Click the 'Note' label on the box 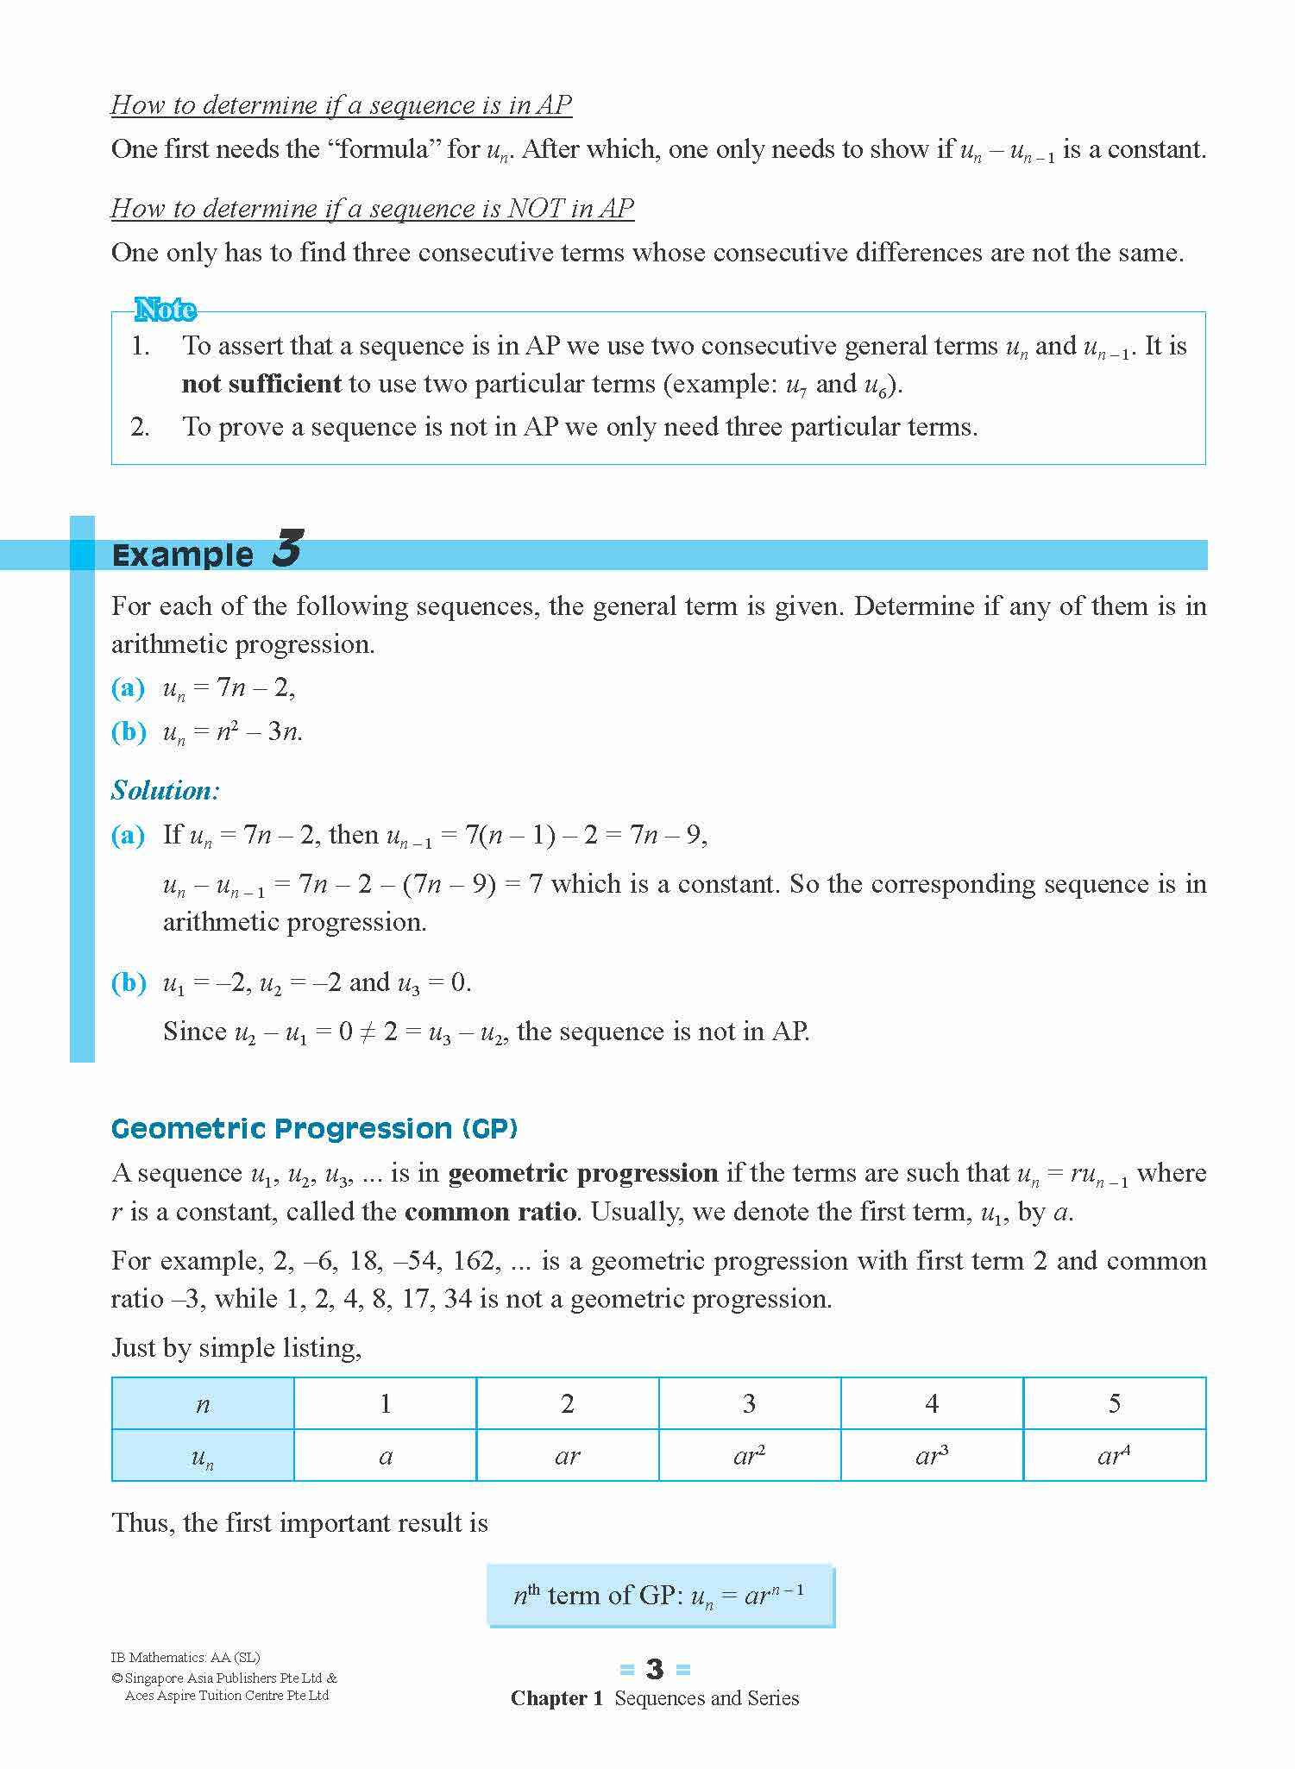pyautogui.click(x=165, y=310)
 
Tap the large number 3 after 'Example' pyautogui.click(x=286, y=549)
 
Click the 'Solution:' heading pyautogui.click(x=166, y=790)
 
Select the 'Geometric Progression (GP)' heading pyautogui.click(x=314, y=1128)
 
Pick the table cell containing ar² pyautogui.click(x=749, y=1455)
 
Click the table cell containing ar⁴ pyautogui.click(x=1114, y=1455)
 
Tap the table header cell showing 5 pyautogui.click(x=1114, y=1403)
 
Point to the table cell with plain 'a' pyautogui.click(x=386, y=1456)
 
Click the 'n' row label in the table pyautogui.click(x=203, y=1404)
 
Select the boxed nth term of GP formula pyautogui.click(x=660, y=1596)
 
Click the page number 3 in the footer pyautogui.click(x=655, y=1670)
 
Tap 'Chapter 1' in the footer pyautogui.click(x=556, y=1698)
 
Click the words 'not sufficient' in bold pyautogui.click(x=261, y=384)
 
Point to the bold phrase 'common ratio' pyautogui.click(x=490, y=1212)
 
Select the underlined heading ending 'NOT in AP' pyautogui.click(x=372, y=208)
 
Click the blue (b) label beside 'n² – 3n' pyautogui.click(x=129, y=731)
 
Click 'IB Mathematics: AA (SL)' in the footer pyautogui.click(x=185, y=1657)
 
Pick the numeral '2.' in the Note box pyautogui.click(x=140, y=427)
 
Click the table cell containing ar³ pyautogui.click(x=932, y=1455)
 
